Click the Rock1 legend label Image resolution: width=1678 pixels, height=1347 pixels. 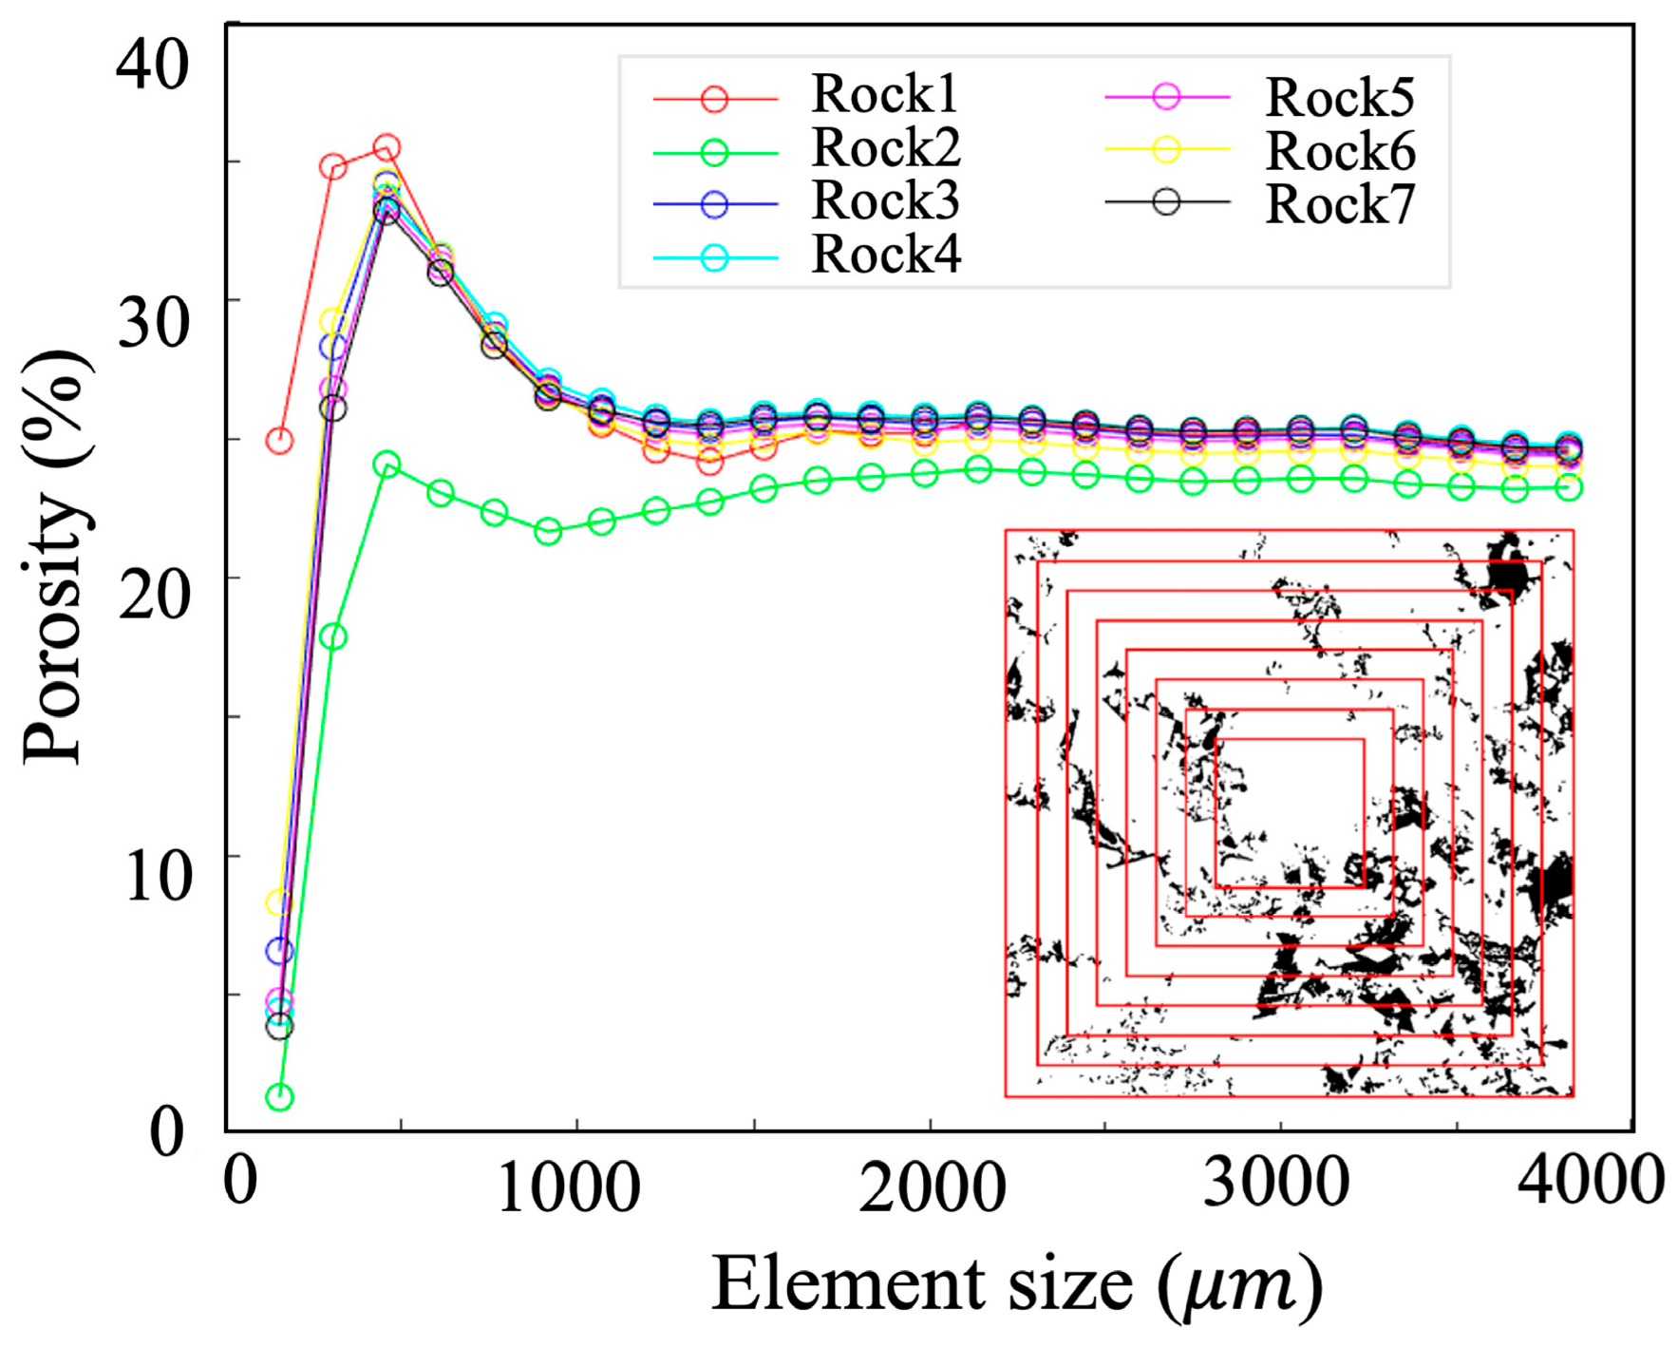tap(884, 94)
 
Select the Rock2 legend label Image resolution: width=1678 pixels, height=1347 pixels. tap(885, 148)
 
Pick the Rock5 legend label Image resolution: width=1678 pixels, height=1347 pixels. tap(1339, 97)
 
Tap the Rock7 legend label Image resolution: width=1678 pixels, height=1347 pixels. tap(1339, 204)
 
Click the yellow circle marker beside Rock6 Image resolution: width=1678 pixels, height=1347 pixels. tap(1166, 149)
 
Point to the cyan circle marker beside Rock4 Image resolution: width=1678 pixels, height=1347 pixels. tap(714, 257)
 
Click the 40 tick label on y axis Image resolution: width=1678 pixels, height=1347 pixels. tap(152, 66)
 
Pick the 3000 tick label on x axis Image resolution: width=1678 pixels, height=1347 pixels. tap(1275, 1183)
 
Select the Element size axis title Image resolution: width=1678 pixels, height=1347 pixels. tap(1016, 1284)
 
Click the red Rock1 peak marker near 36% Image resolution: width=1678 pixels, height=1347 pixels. tap(387, 148)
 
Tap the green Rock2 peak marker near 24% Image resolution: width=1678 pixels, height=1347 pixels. tap(387, 465)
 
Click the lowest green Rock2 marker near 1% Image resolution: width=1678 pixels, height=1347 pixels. tap(279, 1097)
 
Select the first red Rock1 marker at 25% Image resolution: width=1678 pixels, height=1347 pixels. tap(279, 440)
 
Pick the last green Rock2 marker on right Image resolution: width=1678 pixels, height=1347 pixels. tap(1569, 487)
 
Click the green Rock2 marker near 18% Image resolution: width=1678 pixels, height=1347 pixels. tap(332, 636)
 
